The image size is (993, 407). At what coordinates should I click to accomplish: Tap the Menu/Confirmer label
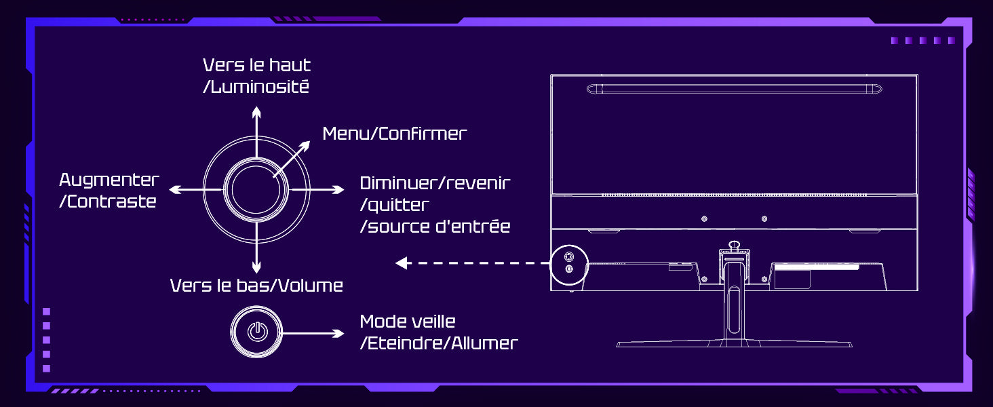pyautogui.click(x=394, y=134)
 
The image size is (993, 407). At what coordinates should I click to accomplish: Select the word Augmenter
pyautogui.click(x=109, y=180)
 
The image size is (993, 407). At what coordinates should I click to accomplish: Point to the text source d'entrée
pyautogui.click(x=438, y=227)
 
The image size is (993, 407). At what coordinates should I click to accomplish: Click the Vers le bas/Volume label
pyautogui.click(x=256, y=286)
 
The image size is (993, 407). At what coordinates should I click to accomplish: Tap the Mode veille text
pyautogui.click(x=408, y=322)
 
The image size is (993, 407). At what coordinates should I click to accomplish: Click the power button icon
pyautogui.click(x=256, y=332)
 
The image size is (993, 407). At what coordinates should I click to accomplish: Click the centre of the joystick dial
pyautogui.click(x=256, y=189)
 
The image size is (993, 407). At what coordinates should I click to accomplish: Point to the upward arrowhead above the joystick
pyautogui.click(x=256, y=110)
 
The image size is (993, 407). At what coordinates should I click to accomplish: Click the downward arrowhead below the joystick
pyautogui.click(x=256, y=269)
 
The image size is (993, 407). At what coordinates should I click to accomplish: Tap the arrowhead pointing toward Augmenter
pyautogui.click(x=174, y=189)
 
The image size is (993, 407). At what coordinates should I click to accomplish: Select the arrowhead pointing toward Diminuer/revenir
pyautogui.click(x=339, y=189)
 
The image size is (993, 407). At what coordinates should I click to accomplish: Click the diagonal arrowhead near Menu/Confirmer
pyautogui.click(x=306, y=145)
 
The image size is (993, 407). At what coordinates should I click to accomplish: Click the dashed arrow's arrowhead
pyautogui.click(x=402, y=263)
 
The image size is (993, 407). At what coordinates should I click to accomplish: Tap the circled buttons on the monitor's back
pyautogui.click(x=568, y=263)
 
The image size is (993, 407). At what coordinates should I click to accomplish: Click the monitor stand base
pyautogui.click(x=733, y=343)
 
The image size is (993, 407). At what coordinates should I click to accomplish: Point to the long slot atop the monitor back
pyautogui.click(x=734, y=88)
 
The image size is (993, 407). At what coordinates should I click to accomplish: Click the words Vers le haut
pyautogui.click(x=256, y=65)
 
